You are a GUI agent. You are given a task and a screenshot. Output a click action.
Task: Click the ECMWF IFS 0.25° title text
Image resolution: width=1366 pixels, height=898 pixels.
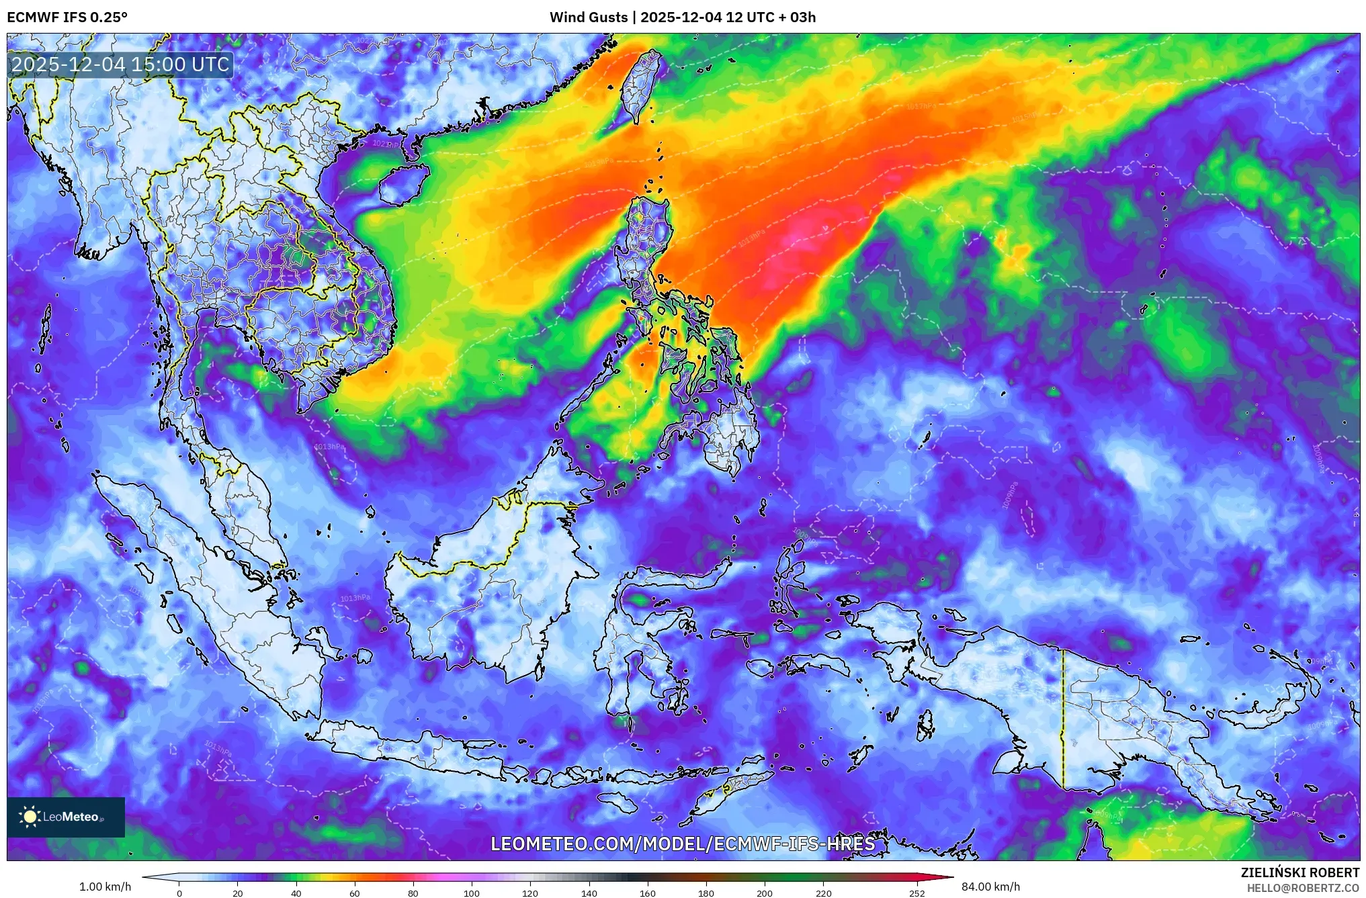67,17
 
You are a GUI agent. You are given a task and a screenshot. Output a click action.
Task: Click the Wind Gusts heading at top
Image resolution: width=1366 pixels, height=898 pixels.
682,17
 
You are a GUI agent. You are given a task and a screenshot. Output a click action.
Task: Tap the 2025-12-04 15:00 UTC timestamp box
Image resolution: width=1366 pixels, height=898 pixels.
121,64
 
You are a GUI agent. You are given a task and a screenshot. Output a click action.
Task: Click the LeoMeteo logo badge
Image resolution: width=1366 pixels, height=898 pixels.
66,817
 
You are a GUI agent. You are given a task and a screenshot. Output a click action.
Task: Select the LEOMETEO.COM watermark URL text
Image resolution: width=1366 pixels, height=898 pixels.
683,844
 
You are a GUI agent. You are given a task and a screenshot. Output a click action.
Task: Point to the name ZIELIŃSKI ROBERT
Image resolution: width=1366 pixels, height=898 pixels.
1299,872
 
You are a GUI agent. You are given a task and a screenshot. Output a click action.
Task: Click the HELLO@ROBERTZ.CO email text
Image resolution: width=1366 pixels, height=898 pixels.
1303,888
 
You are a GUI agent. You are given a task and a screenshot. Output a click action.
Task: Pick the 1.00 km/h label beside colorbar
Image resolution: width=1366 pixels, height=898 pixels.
105,887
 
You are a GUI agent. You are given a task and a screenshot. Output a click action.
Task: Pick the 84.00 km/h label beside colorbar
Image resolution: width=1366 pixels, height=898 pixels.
990,887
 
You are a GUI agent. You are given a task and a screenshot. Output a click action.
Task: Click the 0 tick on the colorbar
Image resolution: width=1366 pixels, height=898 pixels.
179,893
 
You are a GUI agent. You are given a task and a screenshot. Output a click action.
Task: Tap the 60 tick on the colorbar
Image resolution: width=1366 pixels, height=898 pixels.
355,893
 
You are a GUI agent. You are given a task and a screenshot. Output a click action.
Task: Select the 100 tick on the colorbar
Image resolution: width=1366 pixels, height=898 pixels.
472,893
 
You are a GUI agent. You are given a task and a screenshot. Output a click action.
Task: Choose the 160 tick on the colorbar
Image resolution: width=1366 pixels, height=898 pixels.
648,893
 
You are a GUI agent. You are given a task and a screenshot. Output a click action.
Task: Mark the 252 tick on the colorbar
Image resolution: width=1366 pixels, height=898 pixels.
917,893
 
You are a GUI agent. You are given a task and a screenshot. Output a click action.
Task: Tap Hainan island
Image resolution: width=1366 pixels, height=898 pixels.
403,184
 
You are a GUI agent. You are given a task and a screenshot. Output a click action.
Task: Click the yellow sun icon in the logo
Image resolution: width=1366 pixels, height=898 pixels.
30,817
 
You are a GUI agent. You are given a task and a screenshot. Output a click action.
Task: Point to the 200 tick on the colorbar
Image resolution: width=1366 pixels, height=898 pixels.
765,893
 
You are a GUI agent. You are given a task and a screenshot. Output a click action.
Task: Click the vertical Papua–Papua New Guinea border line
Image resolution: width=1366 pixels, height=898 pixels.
1063,719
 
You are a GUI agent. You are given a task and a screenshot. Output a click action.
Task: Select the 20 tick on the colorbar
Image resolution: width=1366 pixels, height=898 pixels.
238,893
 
